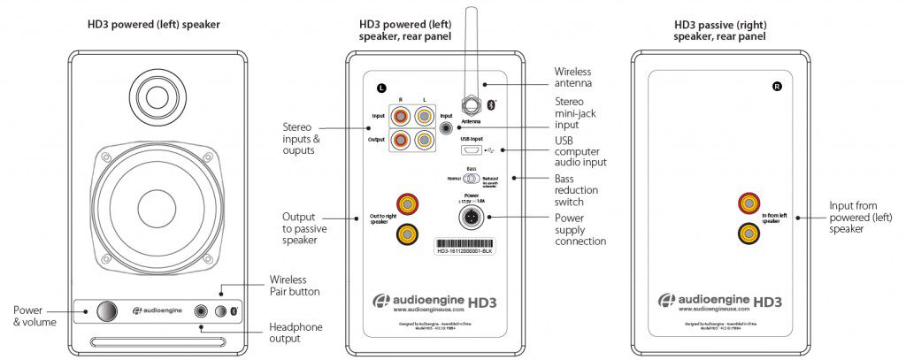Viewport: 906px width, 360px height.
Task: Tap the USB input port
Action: pyautogui.click(x=472, y=149)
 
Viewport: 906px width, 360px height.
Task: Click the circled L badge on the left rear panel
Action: pyautogui.click(x=381, y=88)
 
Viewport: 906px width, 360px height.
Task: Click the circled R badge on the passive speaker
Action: pyautogui.click(x=777, y=87)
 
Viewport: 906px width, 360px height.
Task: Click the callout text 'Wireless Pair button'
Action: pyautogui.click(x=294, y=285)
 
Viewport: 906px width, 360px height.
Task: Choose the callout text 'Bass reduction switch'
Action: pyautogui.click(x=576, y=190)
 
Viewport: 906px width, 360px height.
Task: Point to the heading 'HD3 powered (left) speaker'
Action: pyautogui.click(x=154, y=25)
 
